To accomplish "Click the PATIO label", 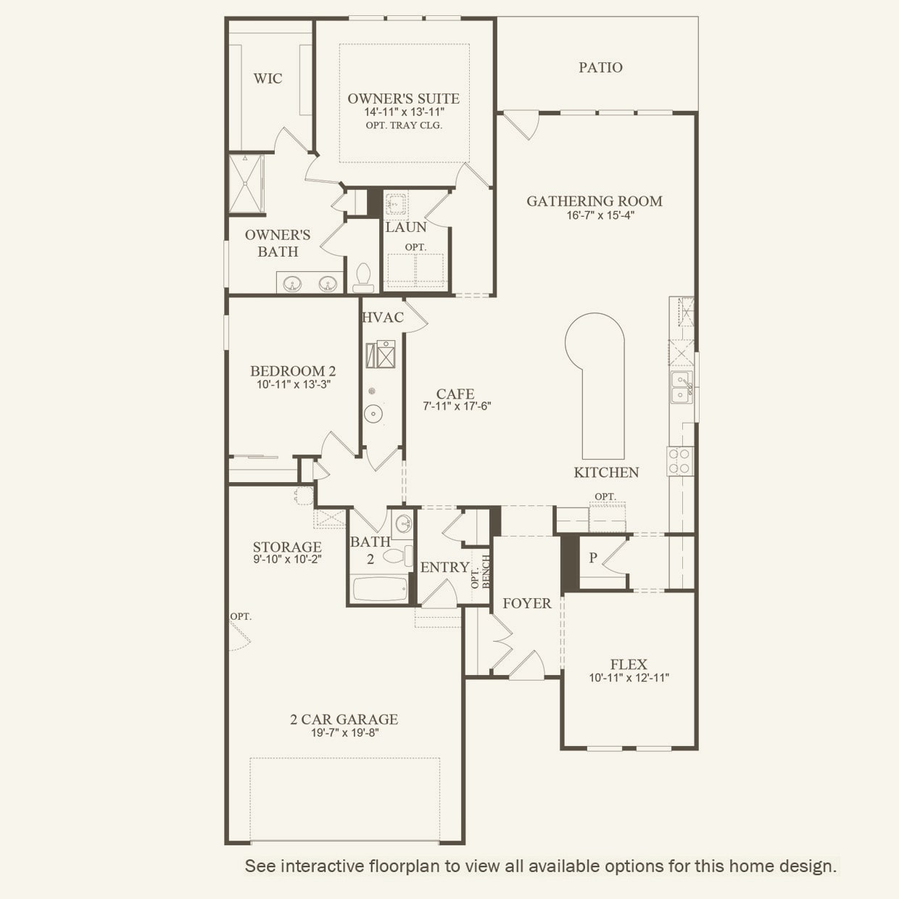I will point(600,67).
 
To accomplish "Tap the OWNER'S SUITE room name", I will point(403,99).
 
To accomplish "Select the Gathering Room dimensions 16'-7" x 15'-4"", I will point(594,215).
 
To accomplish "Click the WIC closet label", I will point(268,78).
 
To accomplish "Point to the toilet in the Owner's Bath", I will point(363,276).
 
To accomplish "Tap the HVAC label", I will point(382,318).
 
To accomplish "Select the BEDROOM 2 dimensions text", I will point(293,385).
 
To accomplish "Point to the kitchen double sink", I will point(681,387).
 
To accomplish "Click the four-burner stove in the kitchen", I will point(680,461).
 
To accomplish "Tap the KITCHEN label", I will point(606,473).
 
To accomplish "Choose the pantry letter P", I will point(593,558).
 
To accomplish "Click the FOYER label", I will point(527,603).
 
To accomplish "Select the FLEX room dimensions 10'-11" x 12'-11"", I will point(629,678).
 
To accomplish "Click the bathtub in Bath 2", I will point(380,589).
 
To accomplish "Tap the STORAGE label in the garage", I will point(287,547).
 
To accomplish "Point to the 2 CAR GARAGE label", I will point(344,719).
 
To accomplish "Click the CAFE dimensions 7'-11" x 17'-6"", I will point(457,407).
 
